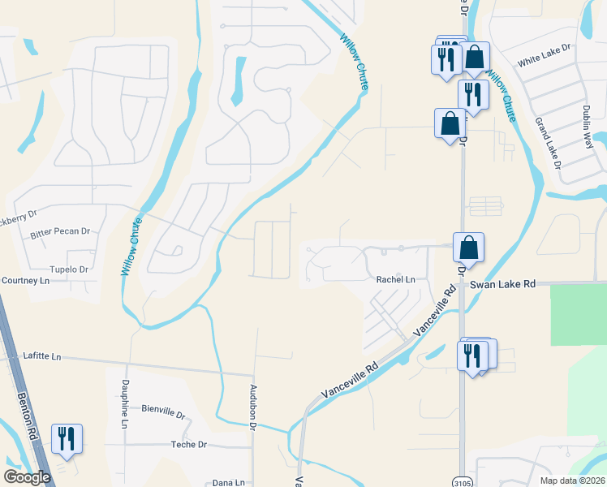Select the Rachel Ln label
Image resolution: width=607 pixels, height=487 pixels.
point(395,280)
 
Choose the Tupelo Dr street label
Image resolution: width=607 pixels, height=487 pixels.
point(68,269)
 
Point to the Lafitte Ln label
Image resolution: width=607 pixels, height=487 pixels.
point(42,356)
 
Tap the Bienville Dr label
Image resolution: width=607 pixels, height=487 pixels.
point(163,412)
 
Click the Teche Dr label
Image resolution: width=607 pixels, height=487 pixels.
point(189,445)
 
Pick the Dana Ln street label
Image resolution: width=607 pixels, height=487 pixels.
point(228,483)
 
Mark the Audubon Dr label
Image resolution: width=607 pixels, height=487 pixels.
point(253,406)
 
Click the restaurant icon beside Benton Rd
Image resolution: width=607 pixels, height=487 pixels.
point(65,438)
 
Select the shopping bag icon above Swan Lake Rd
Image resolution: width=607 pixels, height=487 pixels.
point(468,247)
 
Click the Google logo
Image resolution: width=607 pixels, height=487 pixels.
point(27,477)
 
